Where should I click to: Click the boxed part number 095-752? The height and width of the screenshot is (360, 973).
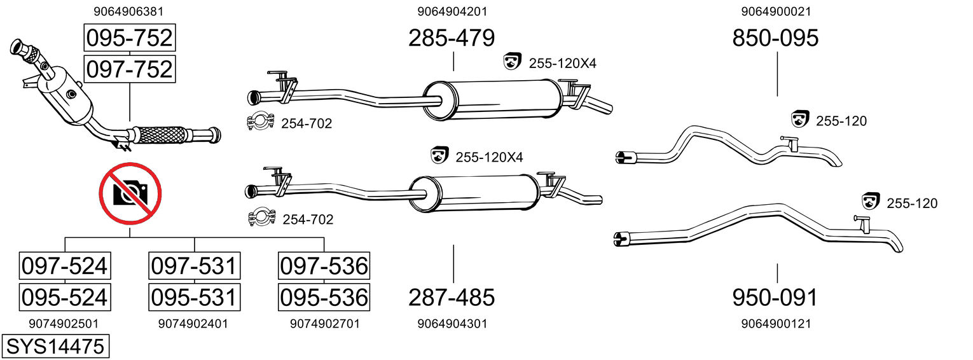(x=129, y=38)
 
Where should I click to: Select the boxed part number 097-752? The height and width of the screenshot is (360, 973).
(x=129, y=69)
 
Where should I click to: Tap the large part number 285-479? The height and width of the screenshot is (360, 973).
(x=452, y=39)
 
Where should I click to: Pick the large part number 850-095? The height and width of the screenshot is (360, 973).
(x=775, y=39)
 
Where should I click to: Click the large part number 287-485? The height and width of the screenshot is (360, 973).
(x=452, y=297)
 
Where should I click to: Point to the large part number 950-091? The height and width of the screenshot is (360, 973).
(x=775, y=297)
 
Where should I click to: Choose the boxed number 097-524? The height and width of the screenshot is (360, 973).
(x=64, y=266)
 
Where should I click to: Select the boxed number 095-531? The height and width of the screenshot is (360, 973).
(x=194, y=297)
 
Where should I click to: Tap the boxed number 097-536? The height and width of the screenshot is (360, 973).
(x=324, y=266)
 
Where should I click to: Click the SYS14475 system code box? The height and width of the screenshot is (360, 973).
(x=55, y=347)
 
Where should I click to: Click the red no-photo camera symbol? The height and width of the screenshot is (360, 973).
(x=130, y=193)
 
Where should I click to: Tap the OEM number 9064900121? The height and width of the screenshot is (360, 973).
(x=776, y=324)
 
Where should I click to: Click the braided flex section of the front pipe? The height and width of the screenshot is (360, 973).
(x=162, y=135)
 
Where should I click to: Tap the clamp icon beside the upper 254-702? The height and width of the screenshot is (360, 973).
(x=260, y=122)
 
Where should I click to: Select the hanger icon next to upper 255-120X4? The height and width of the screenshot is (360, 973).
(x=512, y=62)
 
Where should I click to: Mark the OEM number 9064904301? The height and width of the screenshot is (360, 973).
(x=452, y=324)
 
